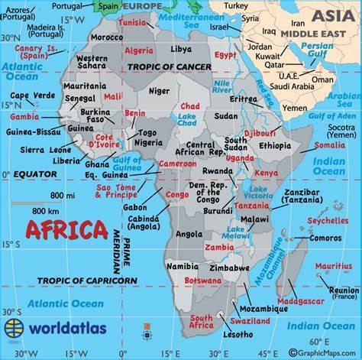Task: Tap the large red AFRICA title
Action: point(66,229)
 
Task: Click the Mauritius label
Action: point(334,266)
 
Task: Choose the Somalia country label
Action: point(329,144)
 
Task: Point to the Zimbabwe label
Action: point(229,268)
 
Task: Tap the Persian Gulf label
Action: point(317,50)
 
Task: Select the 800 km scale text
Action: point(47,211)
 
